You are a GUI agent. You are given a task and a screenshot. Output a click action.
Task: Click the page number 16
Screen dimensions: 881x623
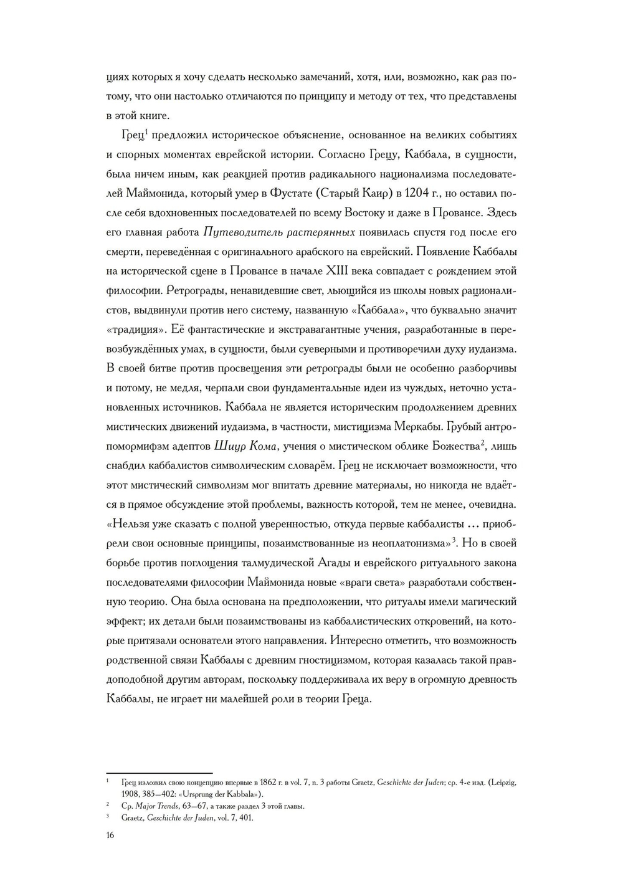(x=110, y=836)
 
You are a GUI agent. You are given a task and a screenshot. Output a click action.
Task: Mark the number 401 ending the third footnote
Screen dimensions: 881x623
(x=246, y=818)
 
